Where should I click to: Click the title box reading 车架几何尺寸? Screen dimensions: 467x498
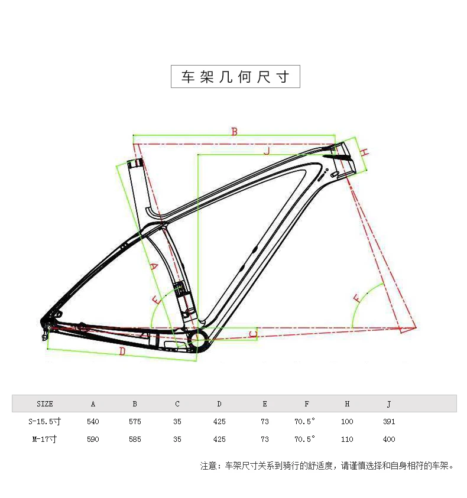coord(235,77)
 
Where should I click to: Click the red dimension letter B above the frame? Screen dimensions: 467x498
coord(234,131)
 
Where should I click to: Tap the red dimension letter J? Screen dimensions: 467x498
coord(267,151)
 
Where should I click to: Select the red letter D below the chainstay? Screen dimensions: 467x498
coord(122,351)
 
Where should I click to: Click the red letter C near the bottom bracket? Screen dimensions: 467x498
coord(253,334)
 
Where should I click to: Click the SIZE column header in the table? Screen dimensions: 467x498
coord(45,404)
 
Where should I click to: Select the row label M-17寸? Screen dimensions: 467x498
coord(46,439)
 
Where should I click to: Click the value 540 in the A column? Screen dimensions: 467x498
coord(93,422)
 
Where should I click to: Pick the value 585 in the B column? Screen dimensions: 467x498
coord(135,439)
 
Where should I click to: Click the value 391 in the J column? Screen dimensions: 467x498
coord(389,422)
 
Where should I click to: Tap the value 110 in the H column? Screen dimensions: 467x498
coord(347,439)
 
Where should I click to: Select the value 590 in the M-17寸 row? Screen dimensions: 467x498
coord(93,439)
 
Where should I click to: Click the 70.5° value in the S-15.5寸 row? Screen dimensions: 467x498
coord(305,422)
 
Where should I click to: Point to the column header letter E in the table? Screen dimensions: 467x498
coord(265,404)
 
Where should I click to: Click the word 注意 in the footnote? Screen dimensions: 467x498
coord(209,466)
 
